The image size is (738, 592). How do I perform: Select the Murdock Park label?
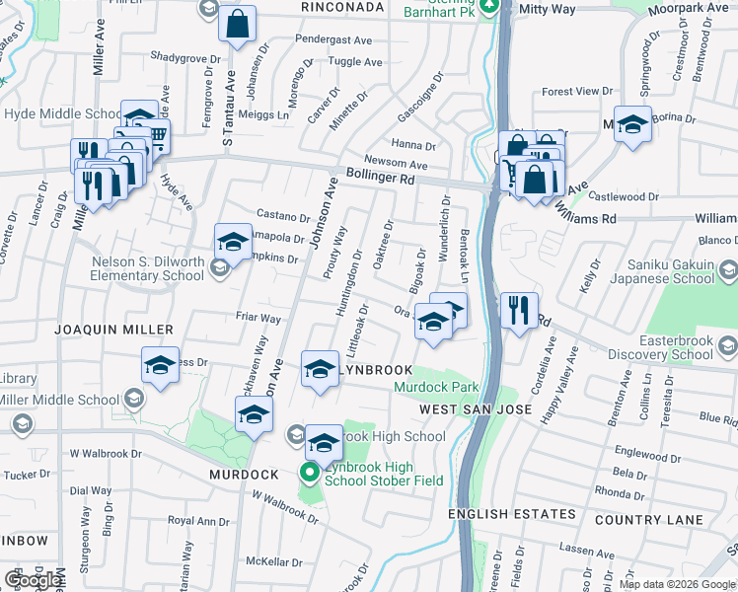(436, 388)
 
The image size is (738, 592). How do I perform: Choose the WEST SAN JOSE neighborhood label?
(476, 408)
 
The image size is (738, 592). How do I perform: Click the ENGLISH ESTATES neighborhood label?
(511, 514)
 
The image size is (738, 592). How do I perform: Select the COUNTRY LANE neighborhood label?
(649, 520)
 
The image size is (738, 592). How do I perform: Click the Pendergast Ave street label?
(333, 40)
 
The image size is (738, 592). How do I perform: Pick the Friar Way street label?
(258, 319)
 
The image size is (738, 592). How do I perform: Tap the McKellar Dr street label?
(274, 562)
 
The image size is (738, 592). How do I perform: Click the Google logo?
(34, 580)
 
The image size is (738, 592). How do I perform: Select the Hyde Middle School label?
(63, 114)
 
